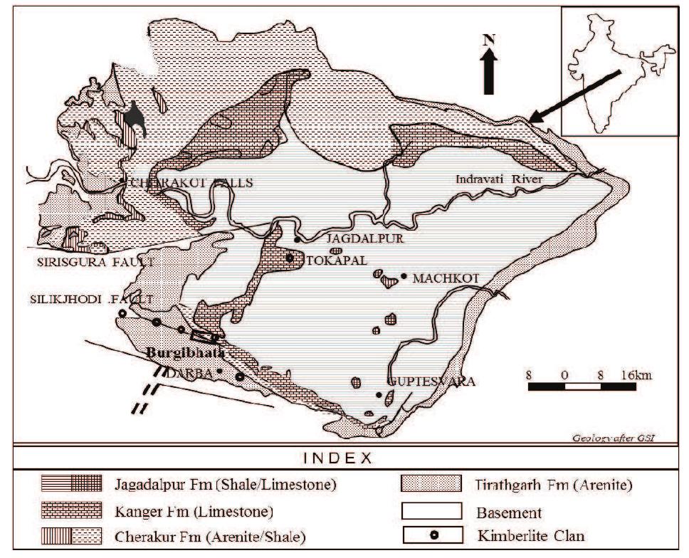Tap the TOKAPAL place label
(x=329, y=260)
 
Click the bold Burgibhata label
(x=185, y=353)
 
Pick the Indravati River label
(x=500, y=180)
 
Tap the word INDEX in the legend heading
(x=344, y=458)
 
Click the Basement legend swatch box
(x=427, y=512)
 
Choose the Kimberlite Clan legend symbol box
(x=427, y=533)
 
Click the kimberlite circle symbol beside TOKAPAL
(x=290, y=258)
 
